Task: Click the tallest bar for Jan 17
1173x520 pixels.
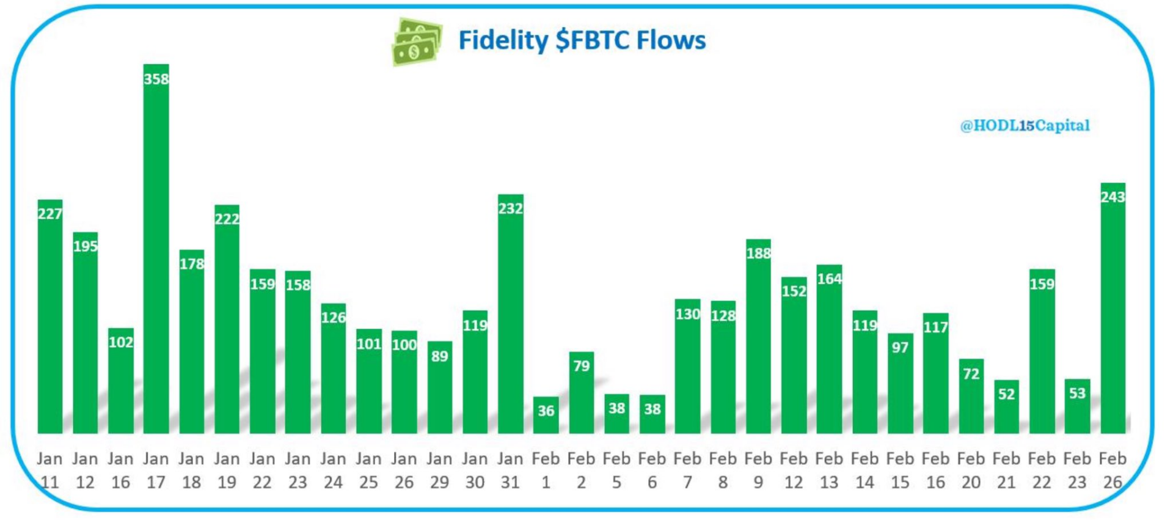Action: (x=156, y=257)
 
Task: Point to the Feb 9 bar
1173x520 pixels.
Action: (x=758, y=342)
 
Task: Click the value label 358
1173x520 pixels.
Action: (x=156, y=79)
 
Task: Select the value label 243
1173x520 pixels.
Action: (x=1113, y=197)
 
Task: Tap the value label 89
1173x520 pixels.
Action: (x=439, y=356)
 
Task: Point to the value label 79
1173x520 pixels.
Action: (x=581, y=366)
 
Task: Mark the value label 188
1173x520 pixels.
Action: (x=758, y=253)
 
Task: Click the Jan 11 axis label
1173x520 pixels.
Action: (x=49, y=471)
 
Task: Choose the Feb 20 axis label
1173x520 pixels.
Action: (x=971, y=471)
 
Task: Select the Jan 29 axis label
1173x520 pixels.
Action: (x=439, y=471)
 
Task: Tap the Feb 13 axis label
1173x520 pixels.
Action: (x=829, y=471)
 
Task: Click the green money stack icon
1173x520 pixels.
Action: (x=416, y=42)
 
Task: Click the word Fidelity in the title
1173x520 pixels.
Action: (x=503, y=40)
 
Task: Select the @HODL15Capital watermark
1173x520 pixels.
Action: (x=1025, y=126)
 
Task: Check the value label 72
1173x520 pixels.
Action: (x=971, y=373)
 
